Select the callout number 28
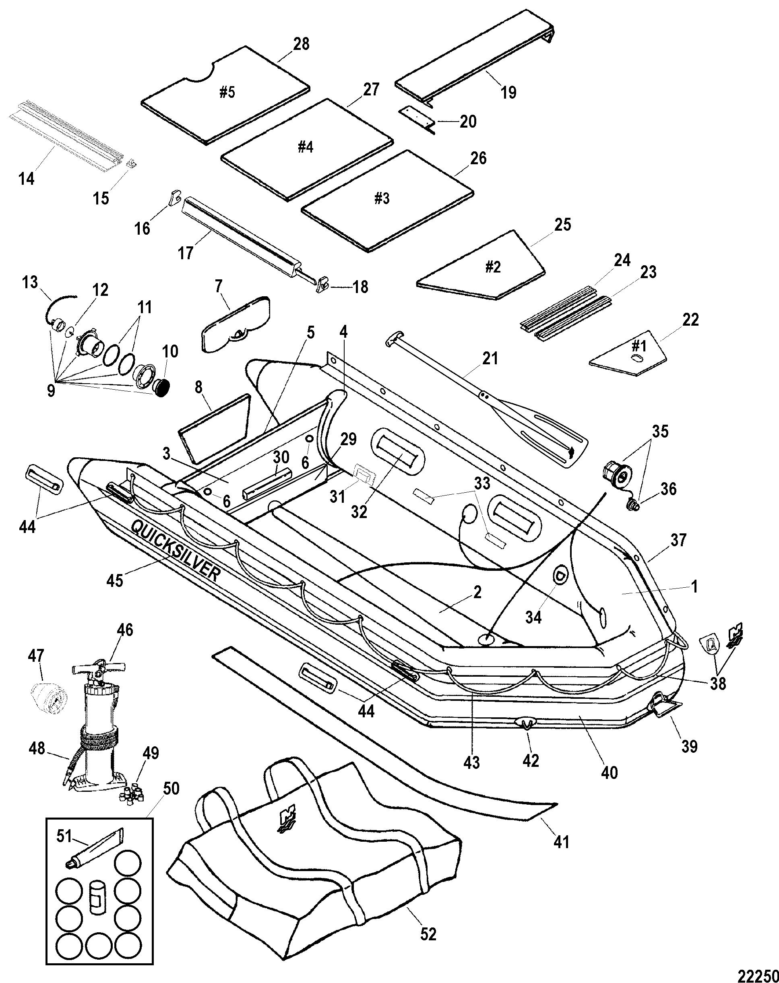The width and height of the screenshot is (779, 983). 302,44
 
